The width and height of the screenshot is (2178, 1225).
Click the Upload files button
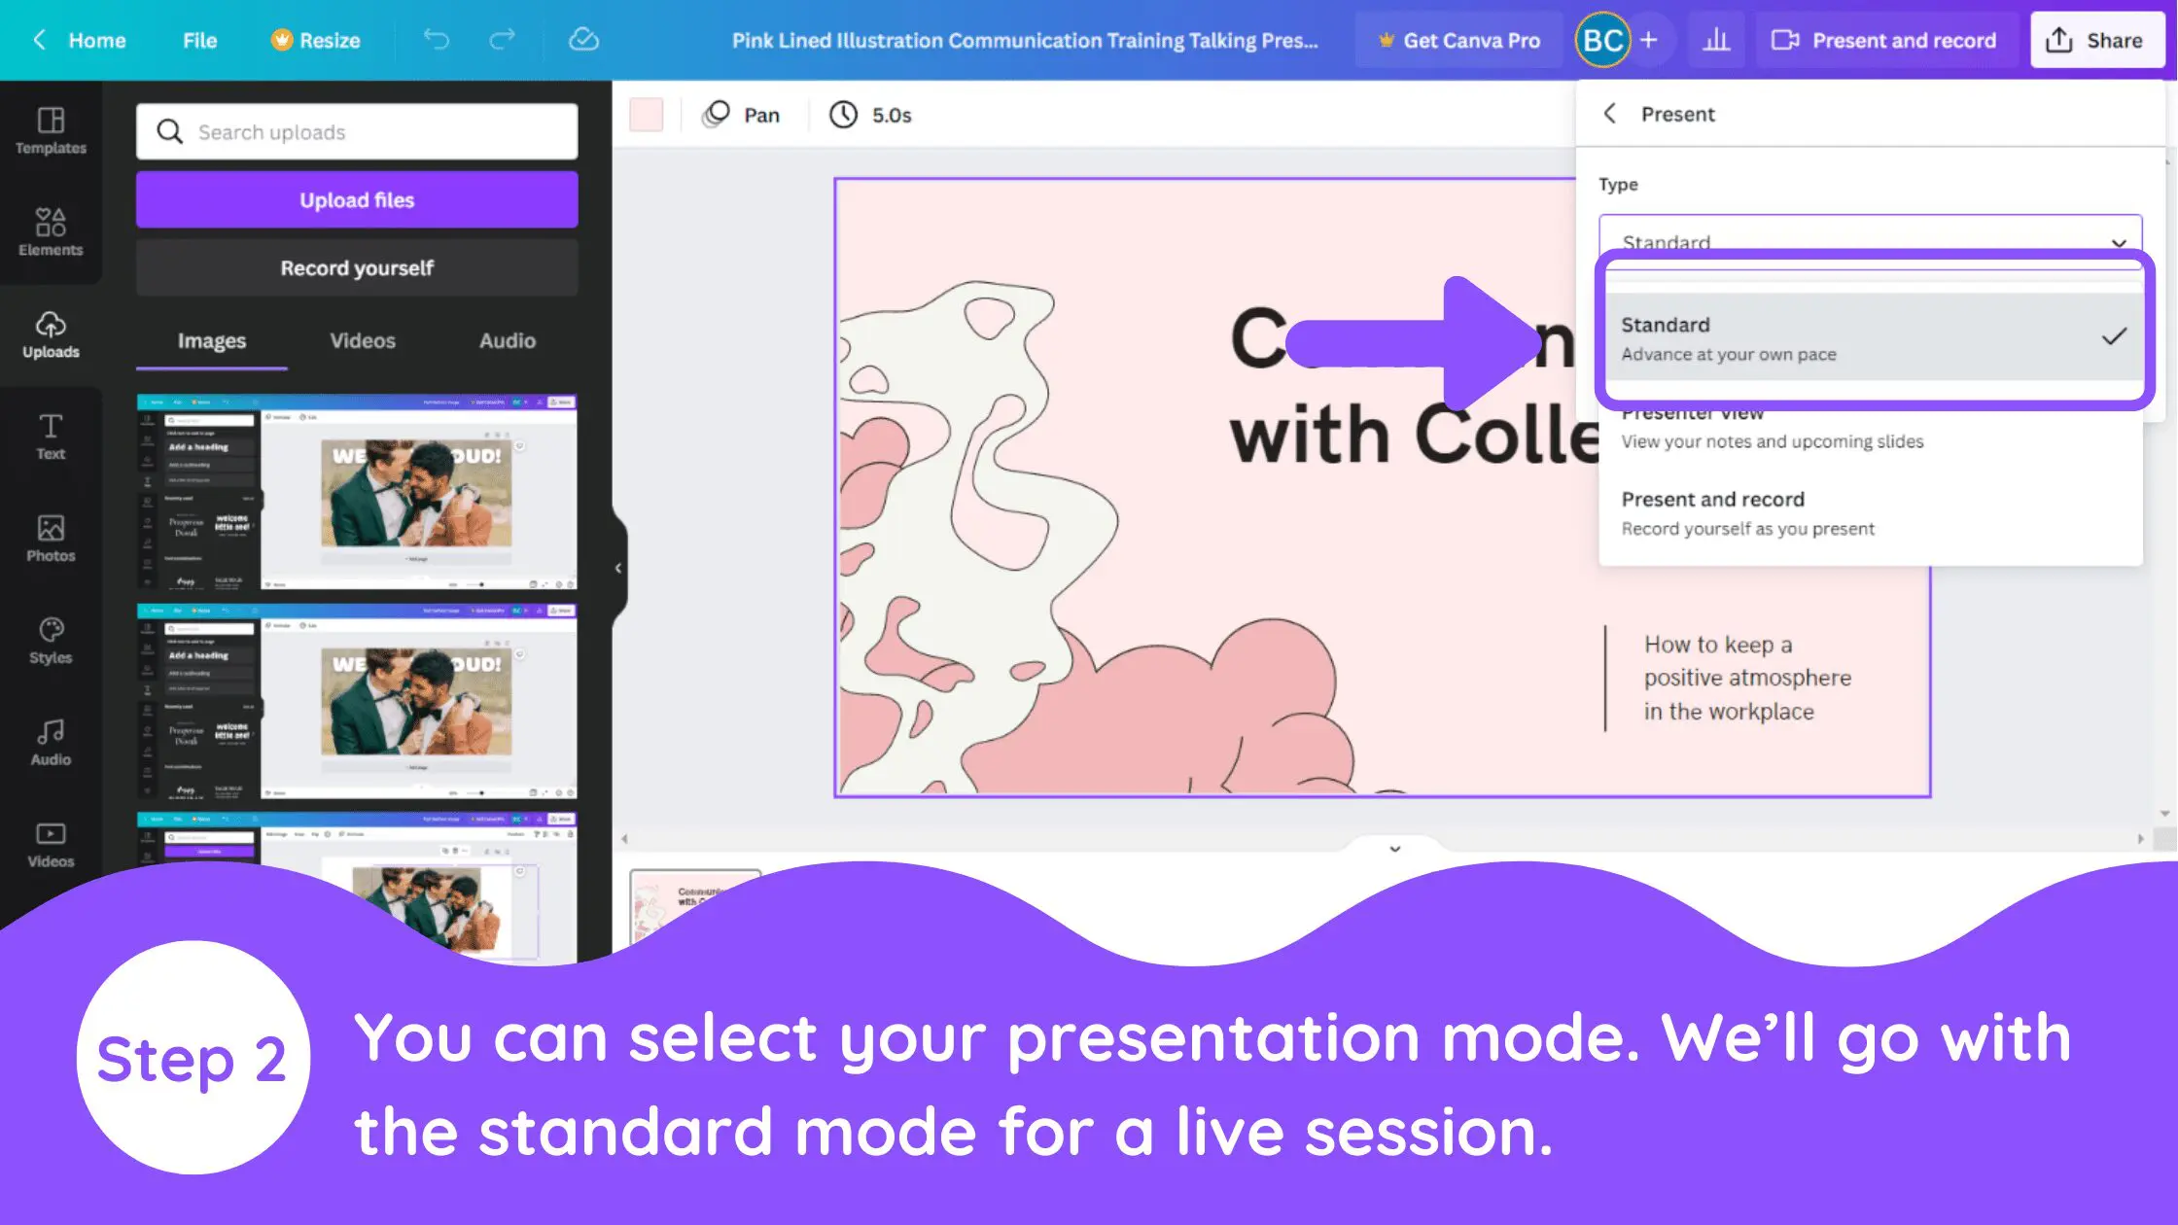click(357, 200)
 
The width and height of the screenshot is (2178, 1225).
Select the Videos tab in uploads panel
click(362, 341)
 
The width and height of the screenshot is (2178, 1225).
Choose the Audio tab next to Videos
click(507, 341)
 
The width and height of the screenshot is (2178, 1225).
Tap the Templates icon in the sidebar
click(51, 130)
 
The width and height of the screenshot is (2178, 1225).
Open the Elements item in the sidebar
click(51, 232)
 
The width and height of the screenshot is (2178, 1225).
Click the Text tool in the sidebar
click(51, 437)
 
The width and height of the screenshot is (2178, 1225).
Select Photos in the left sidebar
click(51, 539)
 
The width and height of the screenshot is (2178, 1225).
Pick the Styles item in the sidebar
click(51, 641)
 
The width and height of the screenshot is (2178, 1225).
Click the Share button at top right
click(2095, 41)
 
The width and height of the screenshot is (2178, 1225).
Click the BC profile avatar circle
click(1602, 41)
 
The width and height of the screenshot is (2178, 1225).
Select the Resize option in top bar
click(316, 41)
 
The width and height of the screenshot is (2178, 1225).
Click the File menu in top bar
click(199, 41)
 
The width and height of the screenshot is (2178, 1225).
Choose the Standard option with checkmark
click(1871, 337)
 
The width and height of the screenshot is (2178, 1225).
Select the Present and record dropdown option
click(1747, 512)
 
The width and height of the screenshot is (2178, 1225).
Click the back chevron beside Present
click(1610, 114)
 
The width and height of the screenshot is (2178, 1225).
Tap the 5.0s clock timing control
click(870, 116)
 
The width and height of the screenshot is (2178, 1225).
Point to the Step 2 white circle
click(193, 1057)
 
